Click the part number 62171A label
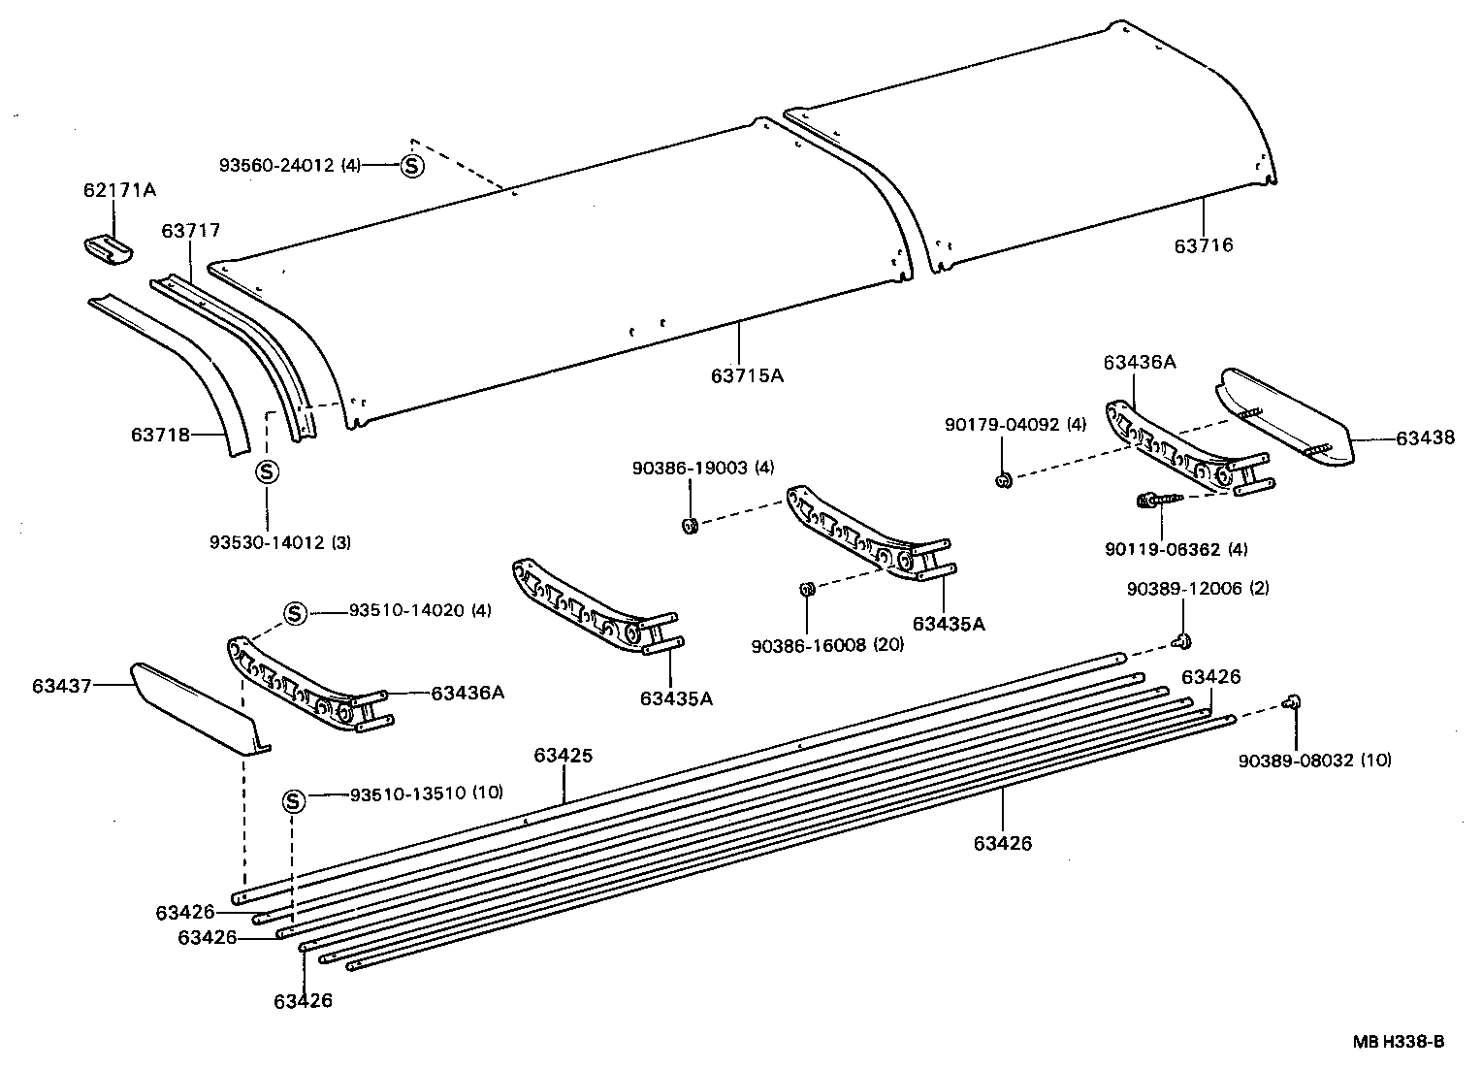click(118, 191)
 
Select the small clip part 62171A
click(106, 248)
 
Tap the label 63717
click(191, 231)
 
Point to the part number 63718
click(160, 436)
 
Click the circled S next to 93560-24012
click(412, 166)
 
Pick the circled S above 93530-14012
click(267, 472)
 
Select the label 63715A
click(746, 375)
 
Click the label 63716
click(1203, 245)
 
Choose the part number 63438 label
click(1425, 438)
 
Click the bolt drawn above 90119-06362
click(1157, 500)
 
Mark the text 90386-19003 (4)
click(703, 469)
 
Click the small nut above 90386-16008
click(805, 589)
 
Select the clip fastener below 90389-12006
click(1182, 640)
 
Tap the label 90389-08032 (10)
click(1314, 761)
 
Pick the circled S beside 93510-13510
click(294, 801)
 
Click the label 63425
click(563, 756)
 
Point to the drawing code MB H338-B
click(1399, 1043)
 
